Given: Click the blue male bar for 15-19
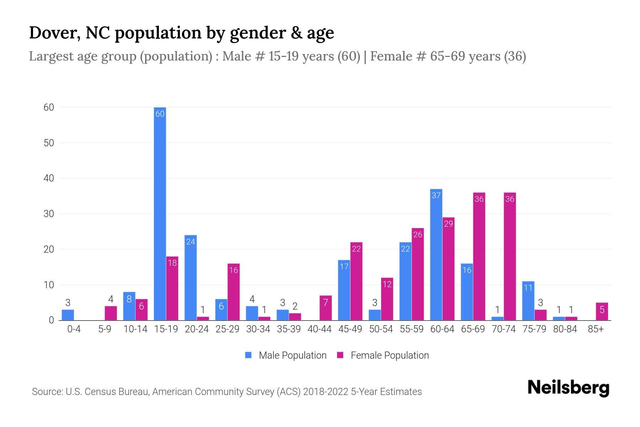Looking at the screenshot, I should pyautogui.click(x=160, y=213).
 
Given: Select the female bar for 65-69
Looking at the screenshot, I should pyautogui.click(x=479, y=256).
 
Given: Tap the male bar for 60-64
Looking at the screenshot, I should pyautogui.click(x=436, y=254).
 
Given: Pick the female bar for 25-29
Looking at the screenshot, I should pyautogui.click(x=234, y=292).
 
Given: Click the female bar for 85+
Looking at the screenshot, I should pyautogui.click(x=602, y=312).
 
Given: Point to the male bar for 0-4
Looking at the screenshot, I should pyautogui.click(x=68, y=315).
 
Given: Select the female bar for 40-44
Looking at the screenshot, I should pyautogui.click(x=326, y=308).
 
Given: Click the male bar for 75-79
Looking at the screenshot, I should pyautogui.click(x=528, y=301).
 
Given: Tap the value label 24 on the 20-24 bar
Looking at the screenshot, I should pyautogui.click(x=191, y=242).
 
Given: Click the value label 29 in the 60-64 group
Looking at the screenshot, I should pyautogui.click(x=448, y=224).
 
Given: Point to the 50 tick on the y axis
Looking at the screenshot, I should pyautogui.click(x=49, y=143).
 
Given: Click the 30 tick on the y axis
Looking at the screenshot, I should pyautogui.click(x=49, y=214).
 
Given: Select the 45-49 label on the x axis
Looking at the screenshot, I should pyautogui.click(x=350, y=329).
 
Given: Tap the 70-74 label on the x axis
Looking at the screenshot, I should pyautogui.click(x=503, y=329).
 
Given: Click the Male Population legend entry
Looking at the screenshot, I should pyautogui.click(x=286, y=355).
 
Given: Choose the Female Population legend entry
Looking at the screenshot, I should pyautogui.click(x=383, y=355).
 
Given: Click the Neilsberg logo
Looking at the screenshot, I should pyautogui.click(x=568, y=388).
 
